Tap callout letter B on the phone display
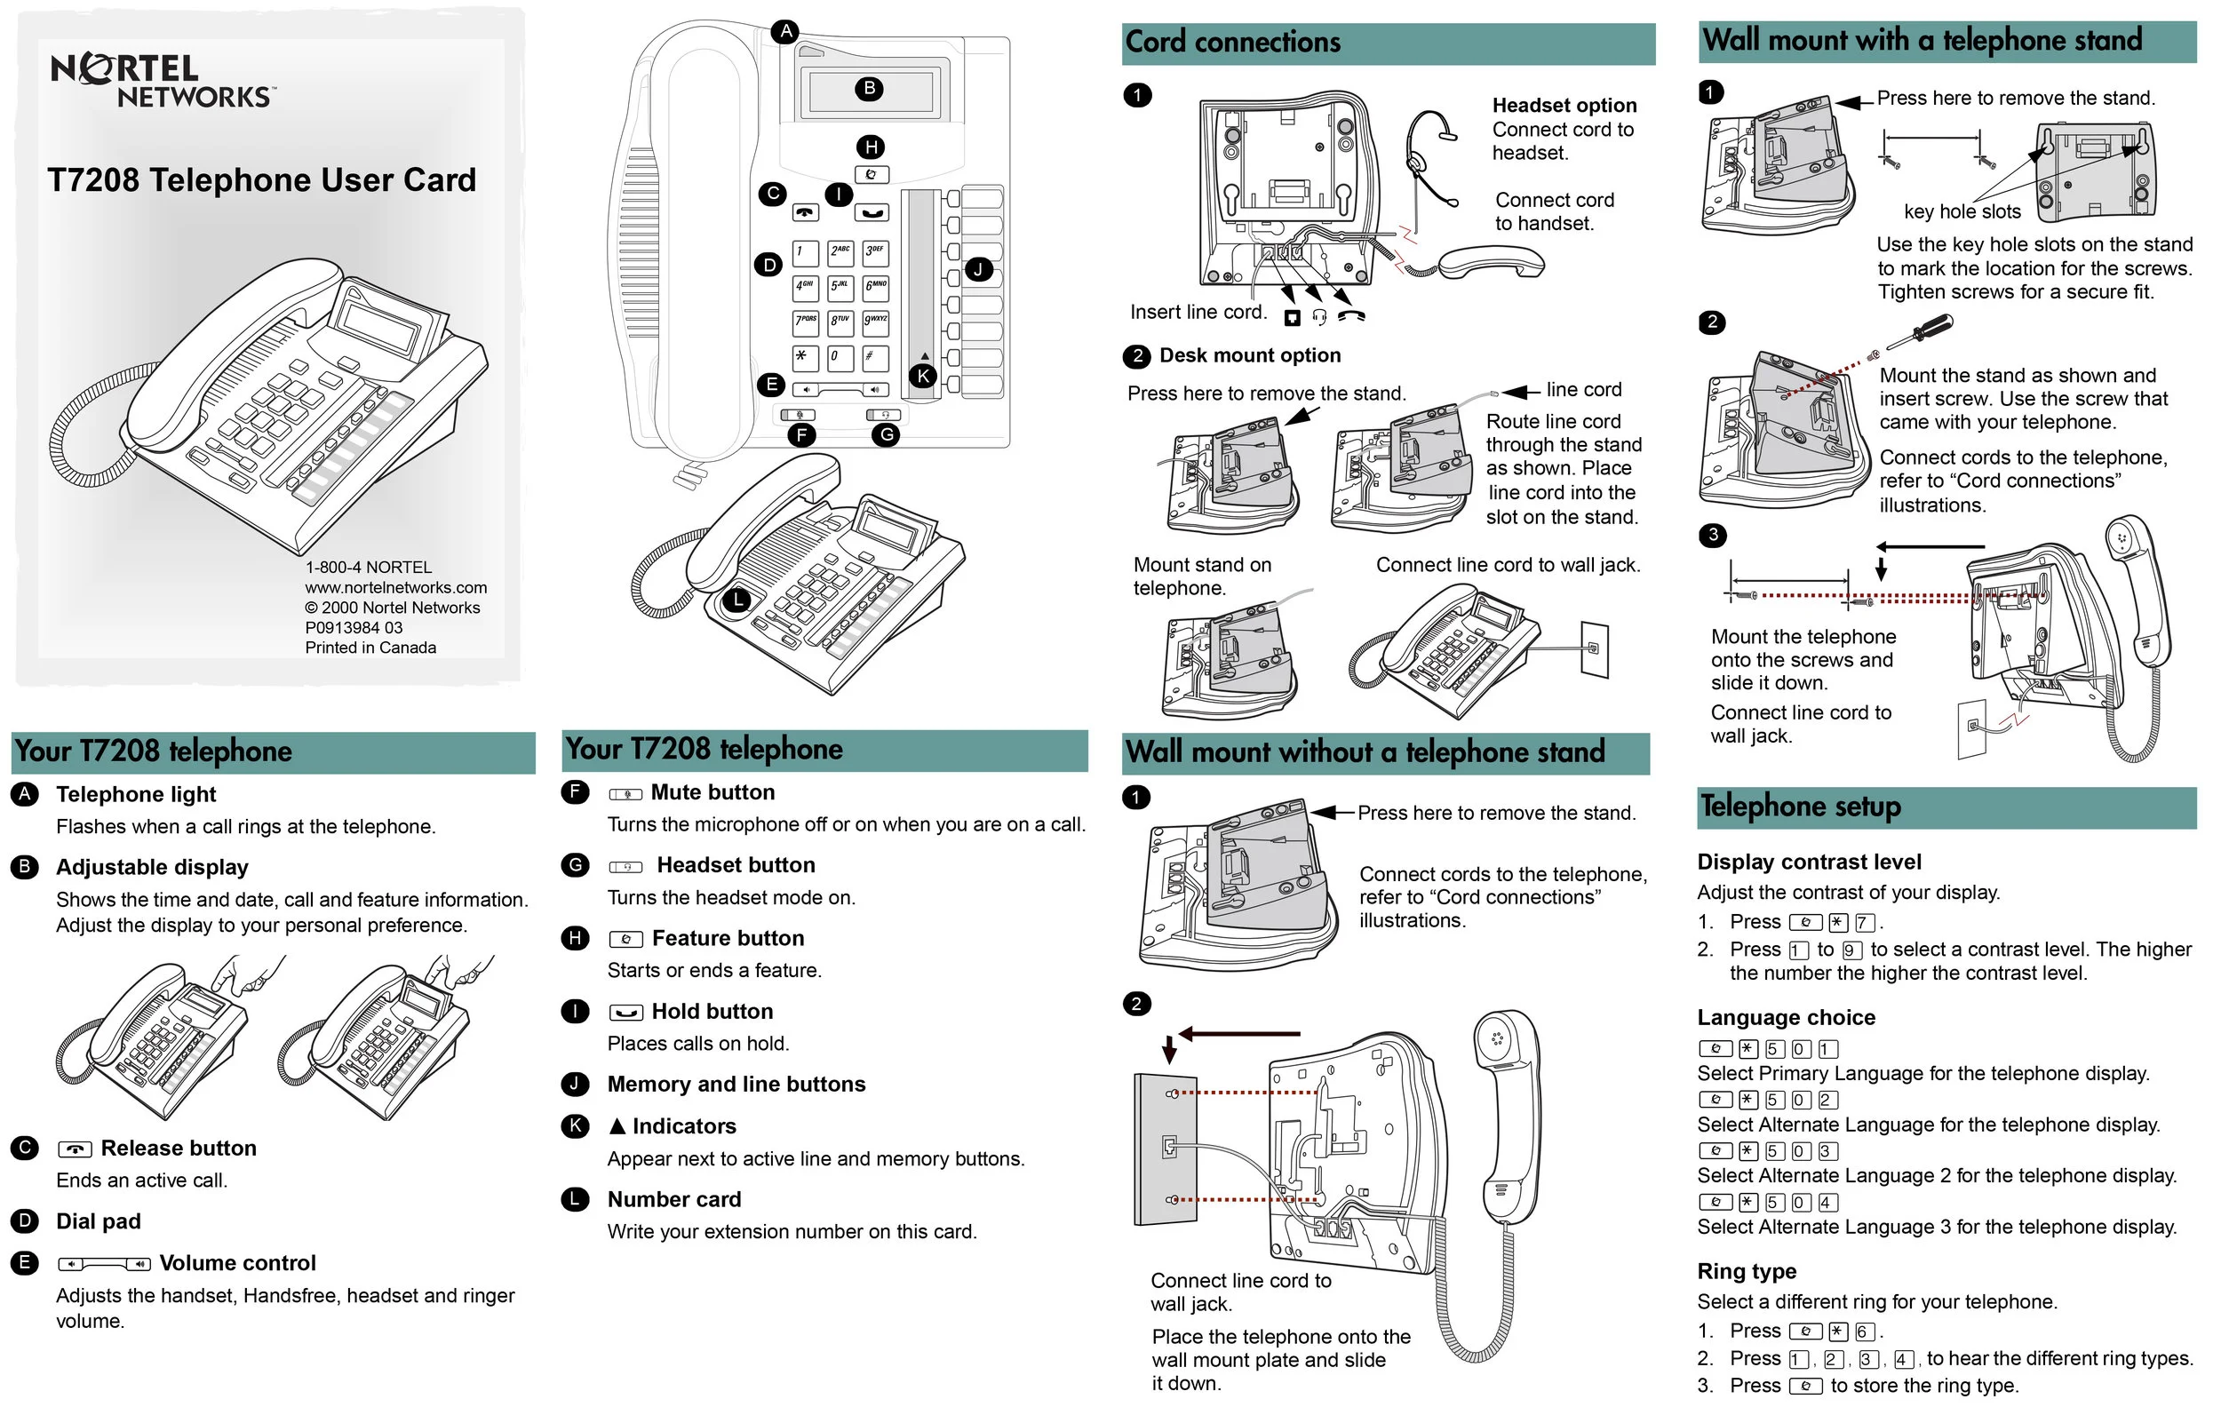pyautogui.click(x=869, y=89)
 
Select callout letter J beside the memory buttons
pyautogui.click(x=978, y=270)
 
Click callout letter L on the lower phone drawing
pyautogui.click(x=737, y=600)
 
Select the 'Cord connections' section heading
pyautogui.click(x=1232, y=43)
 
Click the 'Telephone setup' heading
pyautogui.click(x=1801, y=807)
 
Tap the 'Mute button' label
pyautogui.click(x=712, y=793)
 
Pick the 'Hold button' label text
pyautogui.click(x=712, y=1012)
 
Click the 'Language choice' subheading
pyautogui.click(x=1786, y=1018)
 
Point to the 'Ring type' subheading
pyautogui.click(x=1746, y=1271)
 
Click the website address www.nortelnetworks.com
pyautogui.click(x=395, y=588)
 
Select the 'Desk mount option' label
pyautogui.click(x=1249, y=355)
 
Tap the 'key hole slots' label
pyautogui.click(x=1962, y=211)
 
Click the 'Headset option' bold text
pyautogui.click(x=1564, y=106)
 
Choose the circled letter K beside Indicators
pyautogui.click(x=576, y=1126)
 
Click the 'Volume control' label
pyautogui.click(x=237, y=1263)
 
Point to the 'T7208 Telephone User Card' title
pyautogui.click(x=261, y=180)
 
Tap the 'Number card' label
pyautogui.click(x=674, y=1199)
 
